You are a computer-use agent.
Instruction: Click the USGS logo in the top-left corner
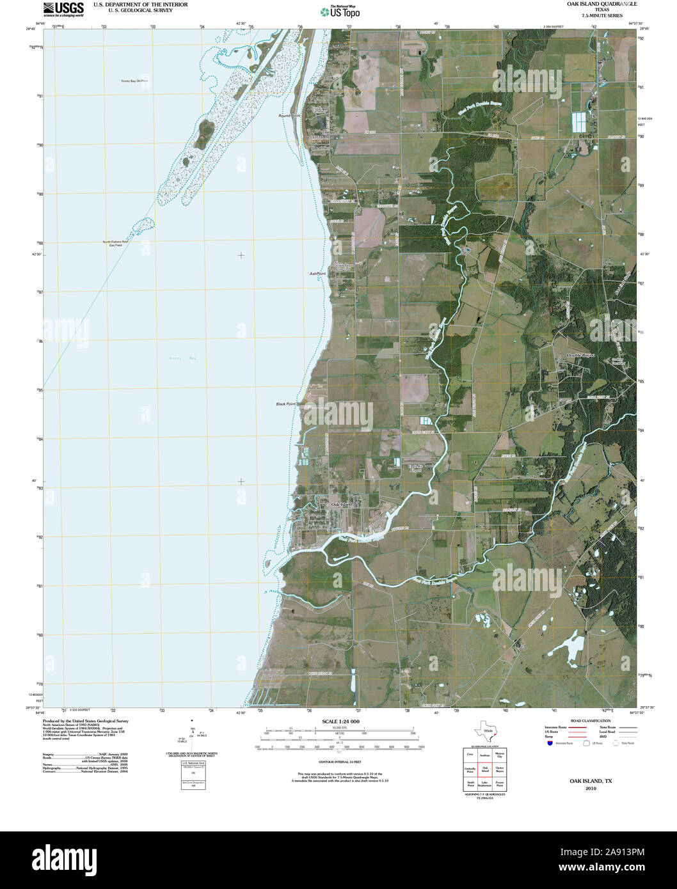[63, 9]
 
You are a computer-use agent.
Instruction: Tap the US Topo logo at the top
[340, 11]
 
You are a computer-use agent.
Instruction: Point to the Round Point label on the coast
[289, 116]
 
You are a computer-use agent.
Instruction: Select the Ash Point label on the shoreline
[317, 274]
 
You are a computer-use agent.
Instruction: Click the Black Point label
[285, 404]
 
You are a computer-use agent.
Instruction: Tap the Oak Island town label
[342, 505]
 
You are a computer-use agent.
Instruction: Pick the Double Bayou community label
[581, 355]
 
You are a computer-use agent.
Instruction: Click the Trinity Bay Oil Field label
[134, 81]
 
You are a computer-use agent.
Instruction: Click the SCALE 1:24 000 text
[340, 721]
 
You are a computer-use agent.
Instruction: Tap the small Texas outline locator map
[484, 731]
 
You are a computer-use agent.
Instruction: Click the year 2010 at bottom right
[590, 789]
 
